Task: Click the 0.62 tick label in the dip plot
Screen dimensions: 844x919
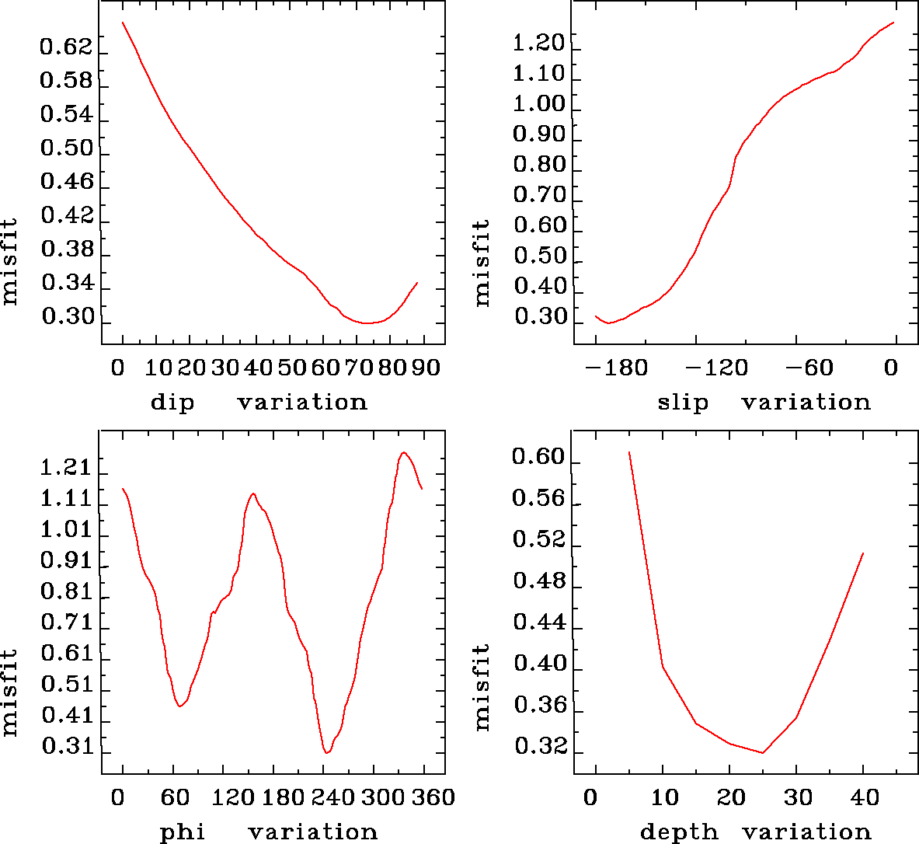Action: point(66,48)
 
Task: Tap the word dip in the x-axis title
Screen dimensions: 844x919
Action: point(172,403)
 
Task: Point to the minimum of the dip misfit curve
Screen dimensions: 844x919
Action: point(367,323)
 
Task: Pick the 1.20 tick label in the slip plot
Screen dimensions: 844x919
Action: point(538,44)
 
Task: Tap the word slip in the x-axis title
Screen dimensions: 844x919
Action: point(683,403)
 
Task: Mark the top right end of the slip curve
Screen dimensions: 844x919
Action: point(894,23)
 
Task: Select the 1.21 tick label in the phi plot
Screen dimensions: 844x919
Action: point(66,469)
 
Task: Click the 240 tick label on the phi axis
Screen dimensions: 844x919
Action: point(323,797)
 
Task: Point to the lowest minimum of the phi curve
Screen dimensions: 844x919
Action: point(327,752)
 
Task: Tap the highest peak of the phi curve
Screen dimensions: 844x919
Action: point(403,452)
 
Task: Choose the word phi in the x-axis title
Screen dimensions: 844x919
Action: point(183,832)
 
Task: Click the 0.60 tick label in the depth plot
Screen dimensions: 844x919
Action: point(538,457)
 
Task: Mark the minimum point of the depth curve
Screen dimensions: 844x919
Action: point(763,752)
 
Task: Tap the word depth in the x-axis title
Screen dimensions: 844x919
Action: point(679,832)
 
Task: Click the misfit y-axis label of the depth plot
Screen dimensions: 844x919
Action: point(482,687)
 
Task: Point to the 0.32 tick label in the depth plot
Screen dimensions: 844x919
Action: point(538,748)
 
